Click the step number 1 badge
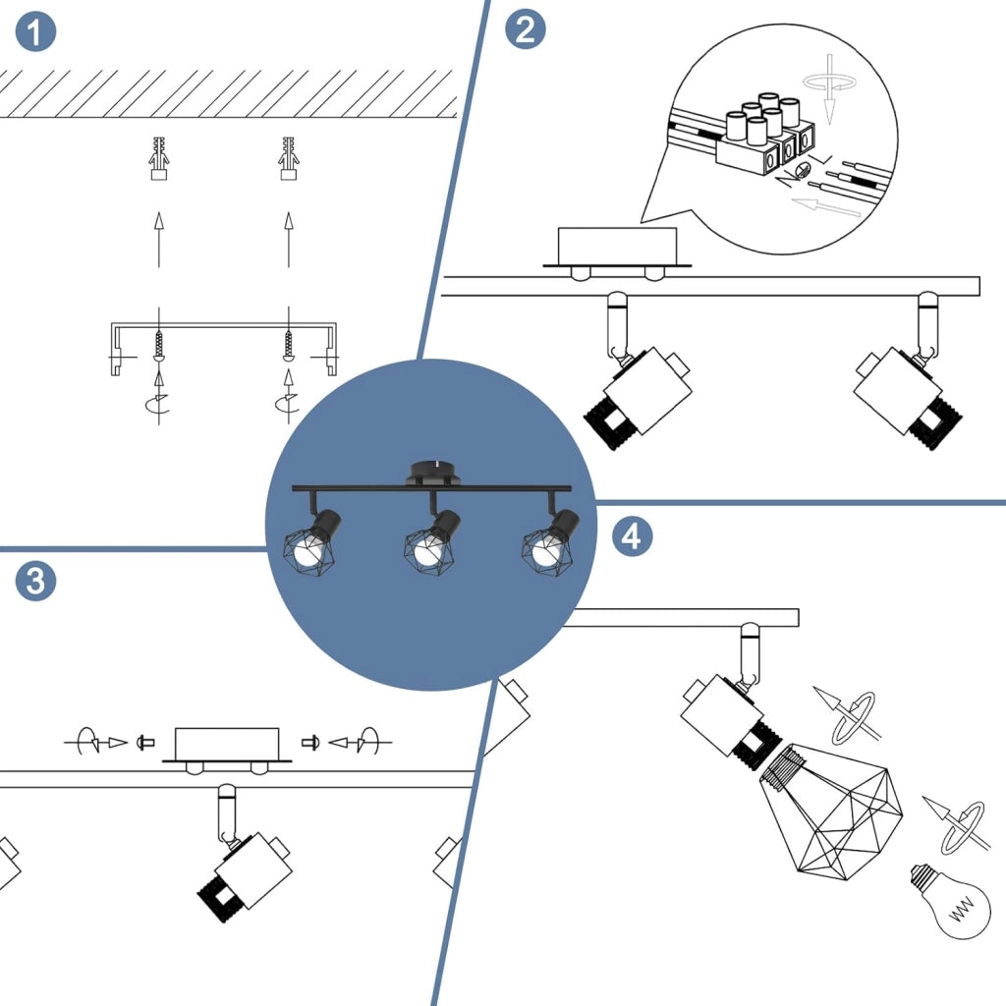pyautogui.click(x=35, y=31)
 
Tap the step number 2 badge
pyautogui.click(x=526, y=29)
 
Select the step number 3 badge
pyautogui.click(x=36, y=581)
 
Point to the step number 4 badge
pyautogui.click(x=632, y=536)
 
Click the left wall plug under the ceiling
pyautogui.click(x=159, y=158)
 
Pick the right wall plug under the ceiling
pyautogui.click(x=289, y=158)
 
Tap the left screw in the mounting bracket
pyautogui.click(x=159, y=347)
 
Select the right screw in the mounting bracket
pyautogui.click(x=289, y=347)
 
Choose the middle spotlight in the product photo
pyautogui.click(x=432, y=541)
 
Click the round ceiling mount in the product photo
pyautogui.click(x=433, y=473)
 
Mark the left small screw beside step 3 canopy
pyautogui.click(x=145, y=743)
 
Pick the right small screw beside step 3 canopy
pyautogui.click(x=310, y=743)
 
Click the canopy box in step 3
pyautogui.click(x=227, y=745)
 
